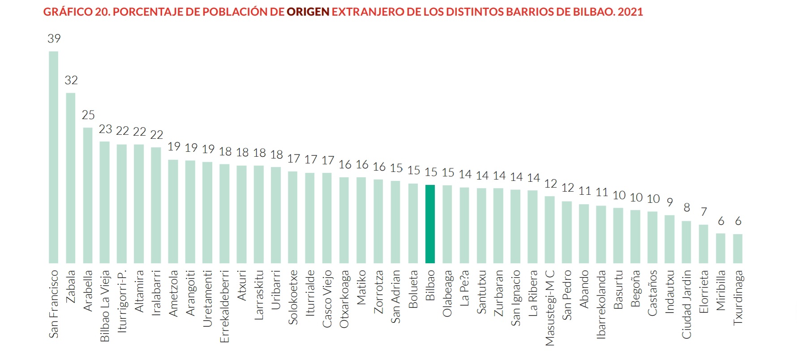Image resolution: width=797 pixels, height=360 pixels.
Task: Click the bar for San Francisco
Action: [x=53, y=157]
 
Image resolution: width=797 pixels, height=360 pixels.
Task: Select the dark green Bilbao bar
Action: [x=430, y=224]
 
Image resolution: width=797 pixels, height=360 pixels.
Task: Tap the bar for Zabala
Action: [x=71, y=178]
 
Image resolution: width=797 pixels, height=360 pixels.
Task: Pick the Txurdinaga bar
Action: [x=737, y=249]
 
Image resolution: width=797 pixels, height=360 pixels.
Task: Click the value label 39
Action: [x=54, y=39]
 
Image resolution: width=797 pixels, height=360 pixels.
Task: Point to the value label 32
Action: [x=71, y=80]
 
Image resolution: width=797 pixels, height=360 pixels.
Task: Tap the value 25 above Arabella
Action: [x=88, y=115]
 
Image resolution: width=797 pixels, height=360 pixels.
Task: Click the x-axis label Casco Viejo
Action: [x=327, y=299]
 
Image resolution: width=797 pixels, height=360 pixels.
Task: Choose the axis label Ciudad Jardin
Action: [x=686, y=304]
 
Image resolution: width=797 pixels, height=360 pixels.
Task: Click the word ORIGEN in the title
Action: [x=308, y=12]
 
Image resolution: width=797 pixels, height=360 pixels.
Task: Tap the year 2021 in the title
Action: [x=630, y=12]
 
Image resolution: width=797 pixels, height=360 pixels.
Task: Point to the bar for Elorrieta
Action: [x=703, y=244]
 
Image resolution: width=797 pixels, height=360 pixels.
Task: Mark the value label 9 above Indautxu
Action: [x=669, y=202]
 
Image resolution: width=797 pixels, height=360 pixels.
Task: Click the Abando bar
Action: [x=583, y=233]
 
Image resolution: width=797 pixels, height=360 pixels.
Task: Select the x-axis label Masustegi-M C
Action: [x=549, y=308]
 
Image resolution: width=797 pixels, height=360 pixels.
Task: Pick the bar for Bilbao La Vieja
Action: [x=105, y=202]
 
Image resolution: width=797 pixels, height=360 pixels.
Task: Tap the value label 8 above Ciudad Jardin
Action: [x=686, y=208]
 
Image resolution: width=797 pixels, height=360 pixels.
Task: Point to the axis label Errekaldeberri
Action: [x=225, y=306]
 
